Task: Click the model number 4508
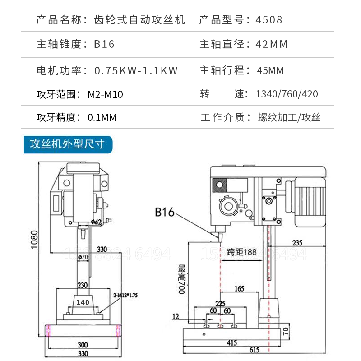[269, 20]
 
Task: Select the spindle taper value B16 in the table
[104, 44]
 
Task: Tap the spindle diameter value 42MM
[271, 44]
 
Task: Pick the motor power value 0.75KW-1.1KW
[136, 70]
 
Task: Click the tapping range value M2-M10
[105, 94]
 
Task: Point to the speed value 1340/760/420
[287, 94]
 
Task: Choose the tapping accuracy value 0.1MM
[102, 118]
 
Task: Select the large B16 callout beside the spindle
[164, 212]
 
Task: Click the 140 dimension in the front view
[83, 302]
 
